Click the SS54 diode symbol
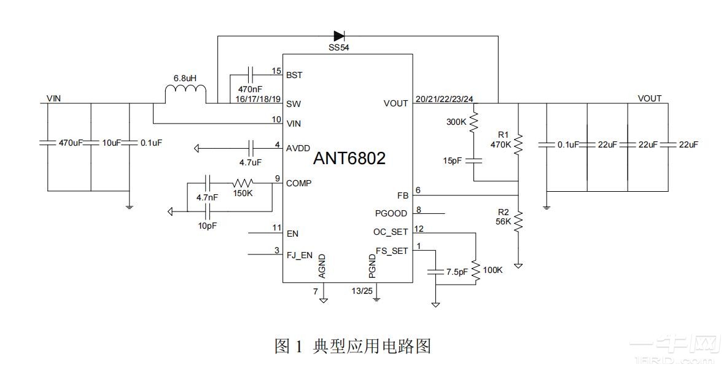pos(338,36)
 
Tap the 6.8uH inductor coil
pos(185,94)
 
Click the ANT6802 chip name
pos(349,159)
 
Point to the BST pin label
pos(294,75)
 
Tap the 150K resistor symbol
pos(243,183)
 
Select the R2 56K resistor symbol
pos(519,219)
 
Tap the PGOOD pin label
pos(391,214)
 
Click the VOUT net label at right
pos(650,98)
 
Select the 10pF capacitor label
pos(207,225)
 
